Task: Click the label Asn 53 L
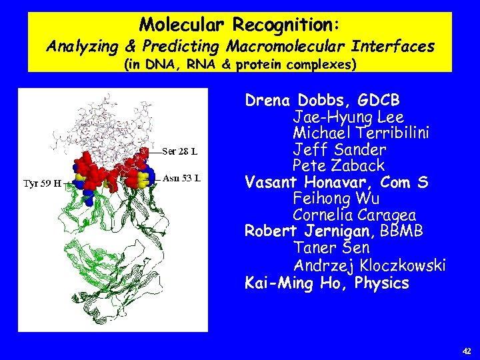[x=182, y=178]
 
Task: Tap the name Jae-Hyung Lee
[x=348, y=117]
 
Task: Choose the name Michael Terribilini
[x=361, y=133]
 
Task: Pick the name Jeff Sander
[x=339, y=149]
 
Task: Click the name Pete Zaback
[x=338, y=165]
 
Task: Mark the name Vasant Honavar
[x=299, y=182]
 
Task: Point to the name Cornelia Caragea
[x=354, y=215]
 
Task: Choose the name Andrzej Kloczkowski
[x=369, y=265]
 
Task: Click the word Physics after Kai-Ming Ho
[x=381, y=283]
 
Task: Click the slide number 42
[x=466, y=350]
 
